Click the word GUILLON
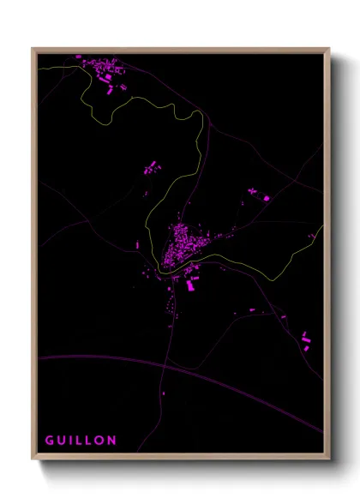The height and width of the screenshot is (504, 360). (81, 441)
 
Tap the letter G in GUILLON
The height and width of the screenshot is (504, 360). (50, 441)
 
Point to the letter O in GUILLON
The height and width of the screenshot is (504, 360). (100, 441)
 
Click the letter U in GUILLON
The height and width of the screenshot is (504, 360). (61, 441)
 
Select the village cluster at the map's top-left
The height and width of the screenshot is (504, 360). (101, 69)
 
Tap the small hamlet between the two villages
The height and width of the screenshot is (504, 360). (151, 168)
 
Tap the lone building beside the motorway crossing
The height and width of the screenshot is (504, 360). (164, 394)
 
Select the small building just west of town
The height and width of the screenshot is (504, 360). (137, 245)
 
